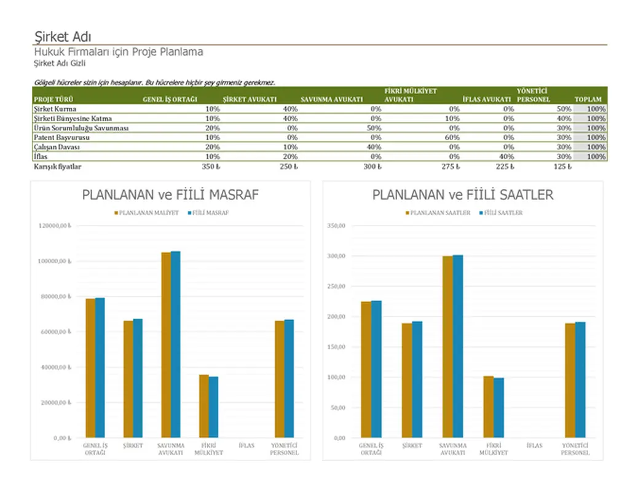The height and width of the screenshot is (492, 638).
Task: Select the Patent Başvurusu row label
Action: pyautogui.click(x=61, y=138)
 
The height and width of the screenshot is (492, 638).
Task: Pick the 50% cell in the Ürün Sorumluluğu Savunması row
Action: pyautogui.click(x=374, y=128)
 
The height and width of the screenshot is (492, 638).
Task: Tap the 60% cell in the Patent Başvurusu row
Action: pyautogui.click(x=452, y=138)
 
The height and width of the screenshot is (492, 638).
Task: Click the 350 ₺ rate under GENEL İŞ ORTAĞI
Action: pyautogui.click(x=211, y=167)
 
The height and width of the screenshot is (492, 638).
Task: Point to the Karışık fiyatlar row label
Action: pyautogui.click(x=57, y=167)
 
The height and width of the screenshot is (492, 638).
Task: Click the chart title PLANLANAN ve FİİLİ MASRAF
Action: pyautogui.click(x=170, y=195)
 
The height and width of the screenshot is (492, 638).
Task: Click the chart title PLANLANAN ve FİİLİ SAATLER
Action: pyautogui.click(x=462, y=195)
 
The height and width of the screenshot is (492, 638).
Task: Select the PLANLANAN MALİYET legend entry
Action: pyautogui.click(x=148, y=213)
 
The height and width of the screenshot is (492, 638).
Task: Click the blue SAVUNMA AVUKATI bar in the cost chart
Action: pyautogui.click(x=176, y=344)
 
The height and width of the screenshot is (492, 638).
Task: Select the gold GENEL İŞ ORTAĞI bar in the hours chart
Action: pyautogui.click(x=366, y=369)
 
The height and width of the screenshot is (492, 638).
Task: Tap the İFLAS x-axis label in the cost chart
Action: pyautogui.click(x=246, y=445)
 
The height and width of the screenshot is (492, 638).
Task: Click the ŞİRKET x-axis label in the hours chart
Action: pyautogui.click(x=412, y=445)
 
